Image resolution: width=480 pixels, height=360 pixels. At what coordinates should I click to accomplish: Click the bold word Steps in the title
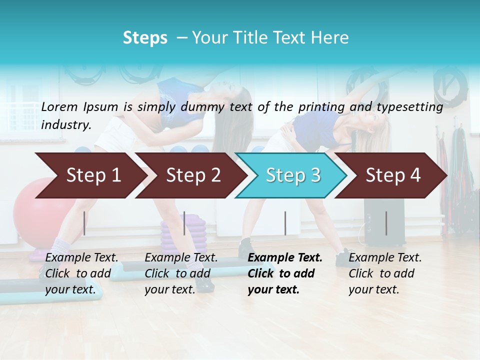tap(145, 38)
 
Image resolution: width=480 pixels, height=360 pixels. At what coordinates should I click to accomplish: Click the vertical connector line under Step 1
tap(84, 223)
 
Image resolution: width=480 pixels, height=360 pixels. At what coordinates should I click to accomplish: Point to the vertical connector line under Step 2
tap(184, 223)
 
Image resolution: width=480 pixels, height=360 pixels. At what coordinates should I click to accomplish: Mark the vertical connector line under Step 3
tap(285, 223)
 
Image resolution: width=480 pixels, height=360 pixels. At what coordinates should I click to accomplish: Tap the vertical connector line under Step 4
tap(386, 223)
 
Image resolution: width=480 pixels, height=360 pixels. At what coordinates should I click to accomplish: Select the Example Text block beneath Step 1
tap(81, 273)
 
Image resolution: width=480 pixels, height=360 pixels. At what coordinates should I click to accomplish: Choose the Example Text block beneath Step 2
tap(181, 273)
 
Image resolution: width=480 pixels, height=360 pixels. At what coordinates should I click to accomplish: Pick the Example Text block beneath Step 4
tap(385, 273)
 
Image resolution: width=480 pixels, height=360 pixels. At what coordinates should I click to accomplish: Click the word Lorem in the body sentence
tap(59, 106)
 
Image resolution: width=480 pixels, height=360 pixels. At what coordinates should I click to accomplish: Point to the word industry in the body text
tap(66, 125)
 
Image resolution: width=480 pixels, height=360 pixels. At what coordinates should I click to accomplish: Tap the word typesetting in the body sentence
tap(414, 107)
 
